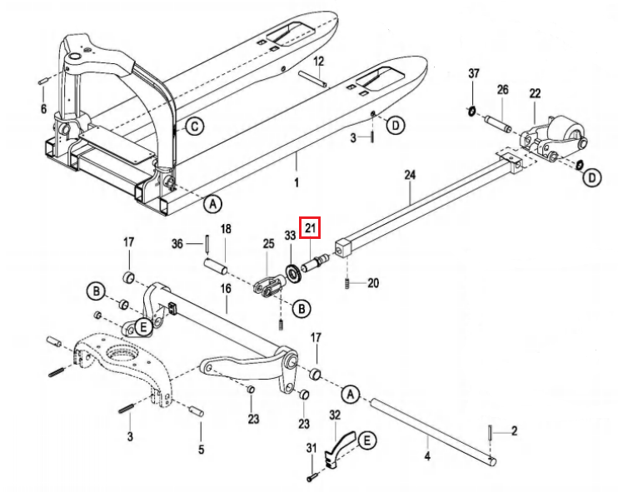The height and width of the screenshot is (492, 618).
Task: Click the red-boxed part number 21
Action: coord(311,226)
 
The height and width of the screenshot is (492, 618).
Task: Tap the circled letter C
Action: coord(192,127)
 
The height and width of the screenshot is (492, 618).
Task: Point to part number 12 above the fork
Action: coord(318,62)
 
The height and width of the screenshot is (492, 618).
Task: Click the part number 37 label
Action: coord(473,75)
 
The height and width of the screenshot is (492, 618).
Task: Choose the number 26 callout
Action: coord(502,90)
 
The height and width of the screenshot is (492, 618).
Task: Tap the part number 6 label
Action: coord(43,109)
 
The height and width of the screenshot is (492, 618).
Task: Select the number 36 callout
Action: coord(177,243)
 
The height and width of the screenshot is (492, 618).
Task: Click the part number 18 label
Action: coord(225,229)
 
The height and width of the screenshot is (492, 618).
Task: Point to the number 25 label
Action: coord(267,243)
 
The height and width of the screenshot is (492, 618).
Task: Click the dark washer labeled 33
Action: coord(293,273)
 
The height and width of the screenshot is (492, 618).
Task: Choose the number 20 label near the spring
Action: coord(373,283)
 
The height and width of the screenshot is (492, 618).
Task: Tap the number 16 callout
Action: coord(225,288)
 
